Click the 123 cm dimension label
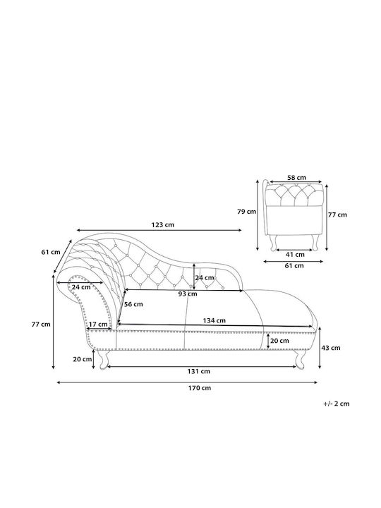pos(163,224)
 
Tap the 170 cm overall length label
pos(200,388)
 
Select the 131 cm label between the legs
pos(198,371)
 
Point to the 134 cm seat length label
pos(214,320)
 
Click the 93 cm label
pos(188,294)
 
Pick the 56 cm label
pos(133,304)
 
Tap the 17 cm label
pos(98,325)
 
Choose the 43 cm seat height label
pos(331,348)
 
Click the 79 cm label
pos(246,212)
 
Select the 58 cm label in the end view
pos(296,178)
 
